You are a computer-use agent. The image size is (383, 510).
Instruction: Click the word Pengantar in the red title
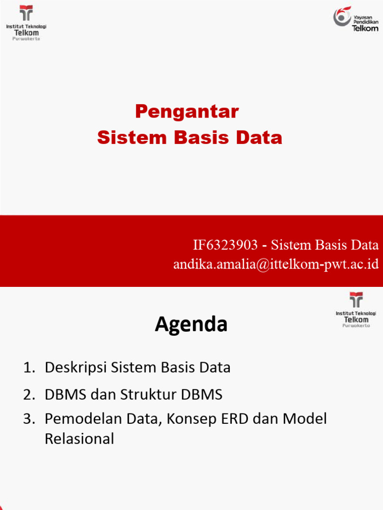click(x=187, y=112)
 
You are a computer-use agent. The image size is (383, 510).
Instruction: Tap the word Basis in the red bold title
click(x=205, y=137)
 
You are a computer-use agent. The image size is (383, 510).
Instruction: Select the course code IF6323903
click(x=225, y=245)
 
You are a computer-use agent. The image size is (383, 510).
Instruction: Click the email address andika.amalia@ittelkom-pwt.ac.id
click(x=276, y=264)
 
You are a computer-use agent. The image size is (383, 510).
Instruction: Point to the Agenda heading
click(x=191, y=325)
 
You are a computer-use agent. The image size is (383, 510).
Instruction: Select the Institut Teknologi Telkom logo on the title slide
click(x=26, y=23)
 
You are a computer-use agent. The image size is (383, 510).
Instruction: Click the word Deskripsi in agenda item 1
click(x=76, y=368)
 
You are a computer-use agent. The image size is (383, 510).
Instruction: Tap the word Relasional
click(x=79, y=439)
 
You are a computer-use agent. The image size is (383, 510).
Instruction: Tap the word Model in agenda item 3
click(x=305, y=419)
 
